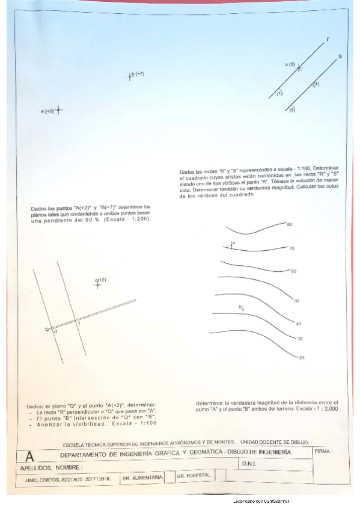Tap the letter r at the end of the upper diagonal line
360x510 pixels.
[x=328, y=39]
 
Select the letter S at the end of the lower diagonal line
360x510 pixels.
[x=340, y=57]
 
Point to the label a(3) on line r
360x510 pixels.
[x=290, y=64]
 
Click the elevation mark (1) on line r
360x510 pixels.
[x=279, y=93]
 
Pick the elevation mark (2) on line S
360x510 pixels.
[x=292, y=110]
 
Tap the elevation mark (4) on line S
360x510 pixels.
[x=316, y=84]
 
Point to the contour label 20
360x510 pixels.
[x=301, y=358]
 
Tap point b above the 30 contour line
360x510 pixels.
[x=242, y=309]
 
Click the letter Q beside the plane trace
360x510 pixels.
[x=47, y=330]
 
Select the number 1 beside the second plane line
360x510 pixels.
[x=79, y=324]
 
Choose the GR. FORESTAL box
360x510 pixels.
[x=194, y=476]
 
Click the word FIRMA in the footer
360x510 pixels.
[x=323, y=450]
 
